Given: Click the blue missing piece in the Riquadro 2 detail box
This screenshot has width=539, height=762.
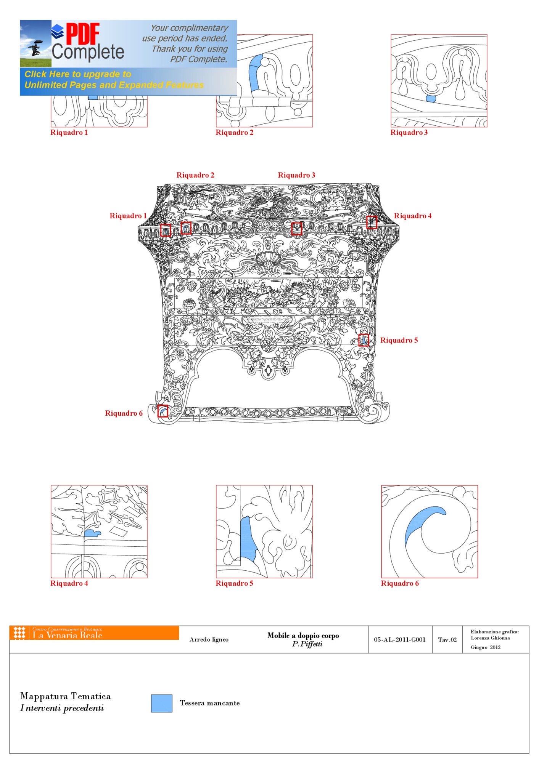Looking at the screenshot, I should pyautogui.click(x=256, y=72).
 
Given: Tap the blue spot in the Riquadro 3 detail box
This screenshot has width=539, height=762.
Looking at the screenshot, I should pyautogui.click(x=431, y=99).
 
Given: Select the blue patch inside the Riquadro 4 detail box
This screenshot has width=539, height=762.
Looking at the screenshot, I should pyautogui.click(x=92, y=533).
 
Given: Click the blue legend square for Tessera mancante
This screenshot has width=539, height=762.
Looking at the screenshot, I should pyautogui.click(x=161, y=703).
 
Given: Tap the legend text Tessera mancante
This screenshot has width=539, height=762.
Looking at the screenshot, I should pyautogui.click(x=210, y=703).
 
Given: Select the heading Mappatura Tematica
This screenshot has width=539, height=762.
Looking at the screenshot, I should pyautogui.click(x=66, y=696).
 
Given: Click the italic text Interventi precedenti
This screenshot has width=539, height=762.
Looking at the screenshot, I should pyautogui.click(x=62, y=708).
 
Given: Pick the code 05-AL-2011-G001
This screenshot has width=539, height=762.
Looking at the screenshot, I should pyautogui.click(x=399, y=640).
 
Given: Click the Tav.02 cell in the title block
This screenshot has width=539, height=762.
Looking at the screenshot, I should pyautogui.click(x=447, y=640).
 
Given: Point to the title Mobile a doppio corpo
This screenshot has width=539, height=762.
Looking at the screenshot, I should pyautogui.click(x=303, y=635).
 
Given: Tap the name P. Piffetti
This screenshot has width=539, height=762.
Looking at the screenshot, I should pyautogui.click(x=307, y=644).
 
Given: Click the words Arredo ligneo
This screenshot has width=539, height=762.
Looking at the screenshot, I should pyautogui.click(x=209, y=640).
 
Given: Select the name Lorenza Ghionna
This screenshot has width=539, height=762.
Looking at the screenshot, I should pyautogui.click(x=490, y=638).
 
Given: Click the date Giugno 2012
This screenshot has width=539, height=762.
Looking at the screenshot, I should pyautogui.click(x=486, y=647).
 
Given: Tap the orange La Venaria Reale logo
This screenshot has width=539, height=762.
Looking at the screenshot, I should pyautogui.click(x=94, y=632).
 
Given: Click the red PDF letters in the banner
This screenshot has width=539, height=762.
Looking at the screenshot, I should pyautogui.click(x=83, y=34).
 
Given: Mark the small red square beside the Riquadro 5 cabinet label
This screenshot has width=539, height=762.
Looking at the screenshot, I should pyautogui.click(x=364, y=340).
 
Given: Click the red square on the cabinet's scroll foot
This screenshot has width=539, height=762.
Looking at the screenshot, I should pyautogui.click(x=163, y=411).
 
